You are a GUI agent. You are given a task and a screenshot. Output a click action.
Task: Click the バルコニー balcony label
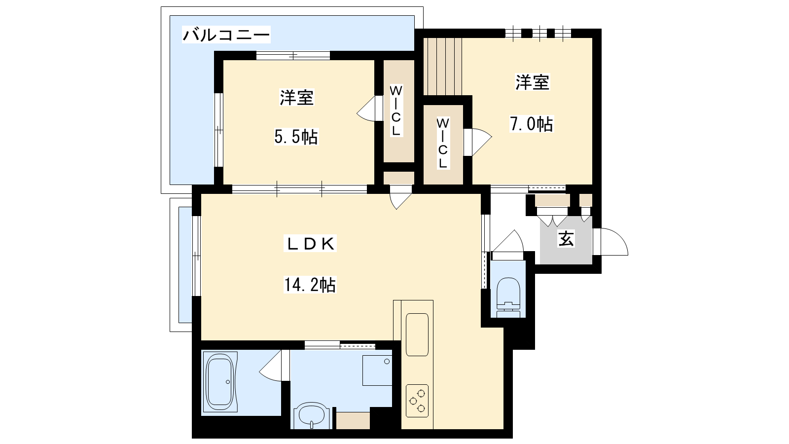coord(226,35)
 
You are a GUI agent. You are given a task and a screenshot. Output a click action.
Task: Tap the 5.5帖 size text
coord(296,137)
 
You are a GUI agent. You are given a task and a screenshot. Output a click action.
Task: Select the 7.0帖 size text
coord(532,124)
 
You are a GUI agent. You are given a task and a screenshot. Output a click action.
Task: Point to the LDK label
coord(310,244)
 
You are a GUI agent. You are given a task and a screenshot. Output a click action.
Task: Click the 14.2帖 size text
coord(310,285)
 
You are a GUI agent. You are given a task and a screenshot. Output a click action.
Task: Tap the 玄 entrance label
coord(566,239)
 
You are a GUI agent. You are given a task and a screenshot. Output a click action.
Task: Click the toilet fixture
coord(508,298)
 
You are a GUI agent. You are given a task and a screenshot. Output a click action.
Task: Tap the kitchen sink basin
coord(417,334)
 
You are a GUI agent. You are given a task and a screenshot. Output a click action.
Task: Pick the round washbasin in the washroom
coord(311,416)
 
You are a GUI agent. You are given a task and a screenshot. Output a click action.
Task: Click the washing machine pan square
coord(377,370)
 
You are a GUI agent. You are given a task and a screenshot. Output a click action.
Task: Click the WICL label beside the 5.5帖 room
coord(396,111)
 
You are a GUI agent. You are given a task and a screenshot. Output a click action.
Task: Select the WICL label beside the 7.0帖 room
coord(443,143)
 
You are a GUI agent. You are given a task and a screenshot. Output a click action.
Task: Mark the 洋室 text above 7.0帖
coord(532,82)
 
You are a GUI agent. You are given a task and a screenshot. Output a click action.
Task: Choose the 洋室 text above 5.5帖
coord(296,98)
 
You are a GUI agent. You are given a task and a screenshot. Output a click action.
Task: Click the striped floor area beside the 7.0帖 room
coord(443,66)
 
